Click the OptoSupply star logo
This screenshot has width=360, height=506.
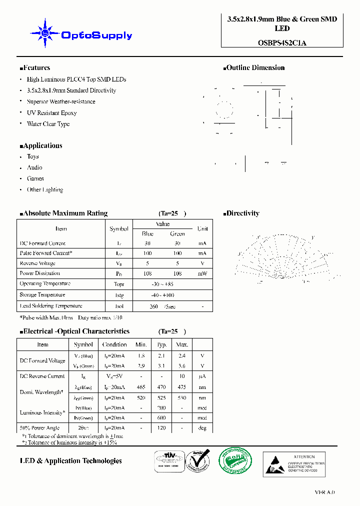45,33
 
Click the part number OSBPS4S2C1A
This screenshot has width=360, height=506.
279,42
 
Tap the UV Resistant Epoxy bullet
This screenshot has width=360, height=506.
51,113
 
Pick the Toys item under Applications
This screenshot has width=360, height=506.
33,156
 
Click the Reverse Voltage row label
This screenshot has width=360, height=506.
37,263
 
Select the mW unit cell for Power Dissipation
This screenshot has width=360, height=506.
202,273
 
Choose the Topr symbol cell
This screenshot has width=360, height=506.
119,284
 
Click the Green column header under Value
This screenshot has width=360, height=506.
177,233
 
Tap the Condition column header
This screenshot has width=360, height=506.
114,344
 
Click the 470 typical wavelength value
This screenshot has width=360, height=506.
161,387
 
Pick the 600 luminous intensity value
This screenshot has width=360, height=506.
161,418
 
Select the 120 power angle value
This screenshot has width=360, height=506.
161,428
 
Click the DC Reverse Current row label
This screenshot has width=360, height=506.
42,376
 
